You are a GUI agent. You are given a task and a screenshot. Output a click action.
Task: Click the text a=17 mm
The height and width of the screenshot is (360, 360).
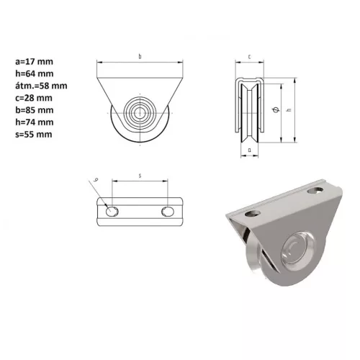click(34, 62)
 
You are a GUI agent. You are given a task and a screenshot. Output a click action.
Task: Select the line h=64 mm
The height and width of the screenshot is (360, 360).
click(35, 73)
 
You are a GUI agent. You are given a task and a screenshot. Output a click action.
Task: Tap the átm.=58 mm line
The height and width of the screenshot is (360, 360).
click(41, 86)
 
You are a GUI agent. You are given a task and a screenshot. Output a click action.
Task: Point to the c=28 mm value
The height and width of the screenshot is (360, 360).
click(34, 98)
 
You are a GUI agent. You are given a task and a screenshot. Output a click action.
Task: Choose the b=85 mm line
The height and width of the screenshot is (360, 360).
click(35, 110)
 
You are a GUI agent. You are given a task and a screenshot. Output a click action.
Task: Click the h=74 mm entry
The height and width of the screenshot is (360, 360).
click(35, 122)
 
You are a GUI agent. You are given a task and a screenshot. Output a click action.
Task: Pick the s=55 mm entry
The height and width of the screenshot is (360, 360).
click(34, 135)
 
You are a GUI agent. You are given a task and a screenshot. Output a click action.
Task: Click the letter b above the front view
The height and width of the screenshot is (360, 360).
click(140, 57)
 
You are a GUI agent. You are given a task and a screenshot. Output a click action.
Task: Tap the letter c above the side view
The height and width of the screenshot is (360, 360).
click(250, 57)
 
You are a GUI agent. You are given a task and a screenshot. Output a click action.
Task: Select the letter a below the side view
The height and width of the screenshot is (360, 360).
click(250, 150)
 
